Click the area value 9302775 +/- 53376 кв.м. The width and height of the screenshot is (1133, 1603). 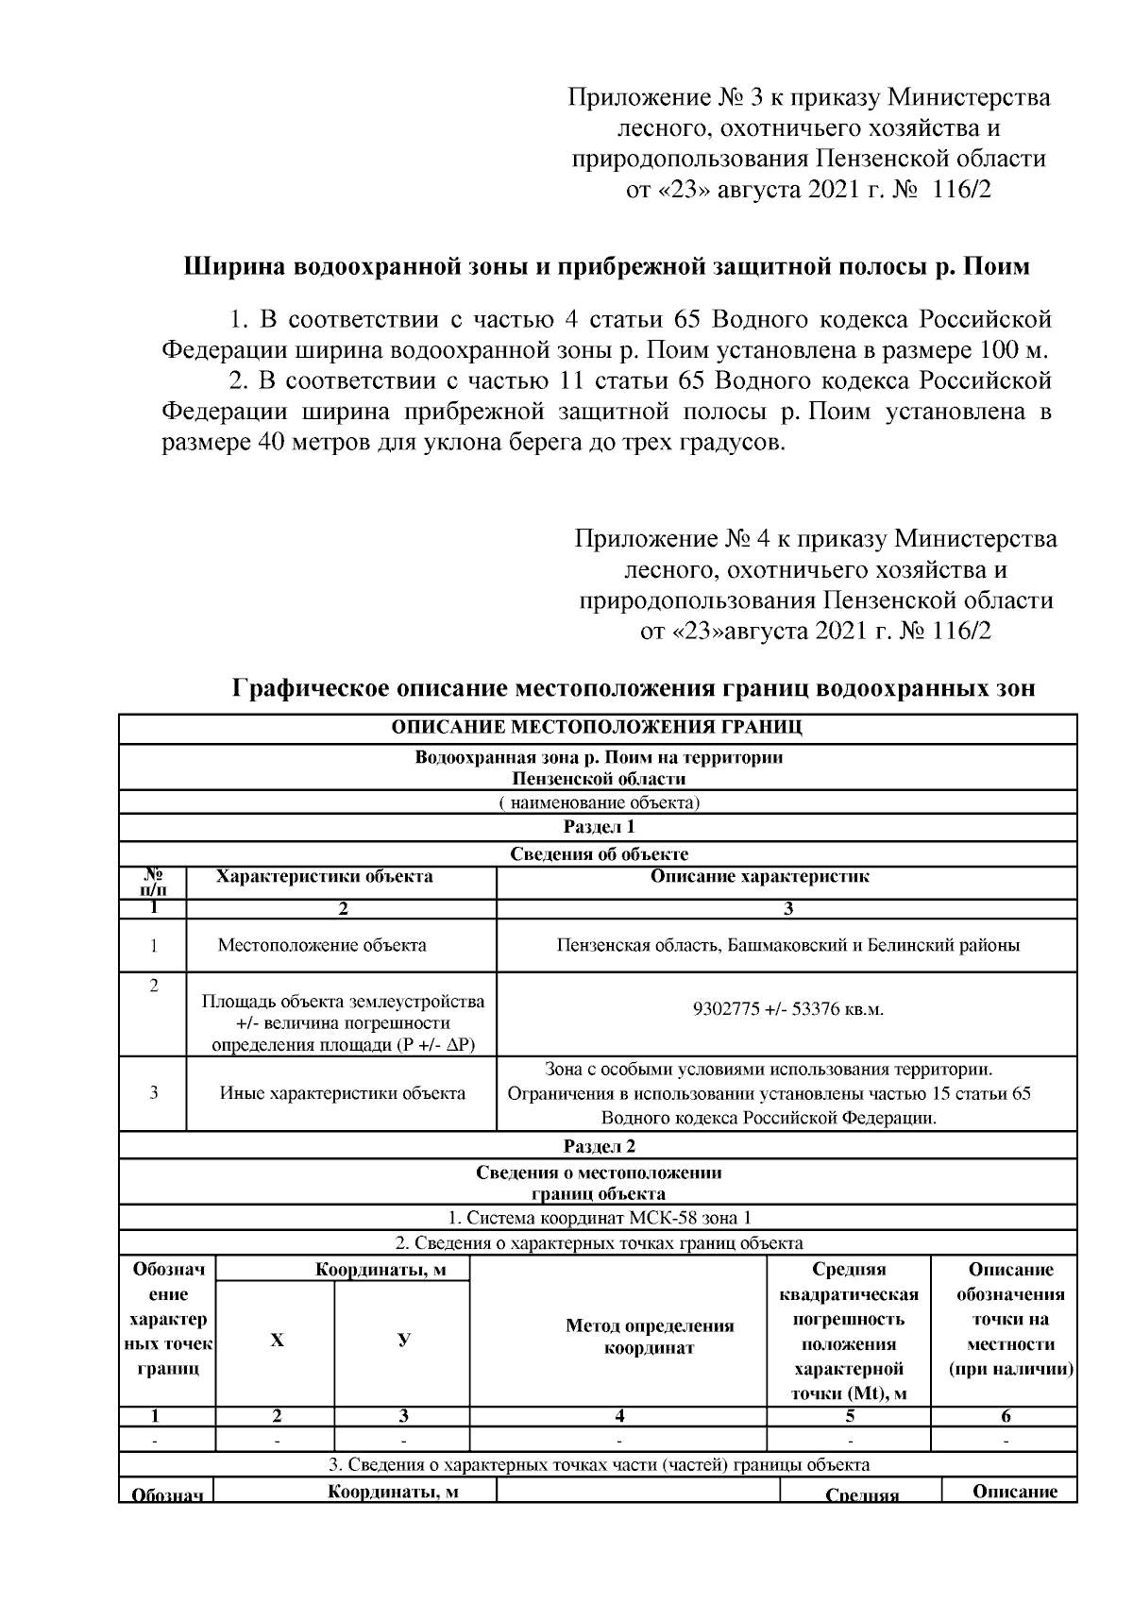coord(787,1009)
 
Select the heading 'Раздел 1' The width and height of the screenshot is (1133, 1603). coord(599,827)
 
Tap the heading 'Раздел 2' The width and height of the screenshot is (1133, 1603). coord(599,1146)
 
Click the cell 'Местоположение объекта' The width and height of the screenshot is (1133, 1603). coord(322,945)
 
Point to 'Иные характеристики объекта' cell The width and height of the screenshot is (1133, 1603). coord(342,1093)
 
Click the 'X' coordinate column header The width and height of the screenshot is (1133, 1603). coord(277,1341)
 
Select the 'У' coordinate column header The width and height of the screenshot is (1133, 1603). coord(403,1341)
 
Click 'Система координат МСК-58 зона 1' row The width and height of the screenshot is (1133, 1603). coord(599,1218)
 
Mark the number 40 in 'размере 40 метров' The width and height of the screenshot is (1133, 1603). coord(256,443)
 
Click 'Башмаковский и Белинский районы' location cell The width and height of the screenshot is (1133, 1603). coord(787,945)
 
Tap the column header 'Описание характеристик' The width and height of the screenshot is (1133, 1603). coord(759,876)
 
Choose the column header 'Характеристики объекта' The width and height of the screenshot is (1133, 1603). coord(324,876)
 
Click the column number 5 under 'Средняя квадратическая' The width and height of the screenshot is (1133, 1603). coord(849,1416)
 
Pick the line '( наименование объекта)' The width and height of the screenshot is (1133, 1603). coord(599,803)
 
